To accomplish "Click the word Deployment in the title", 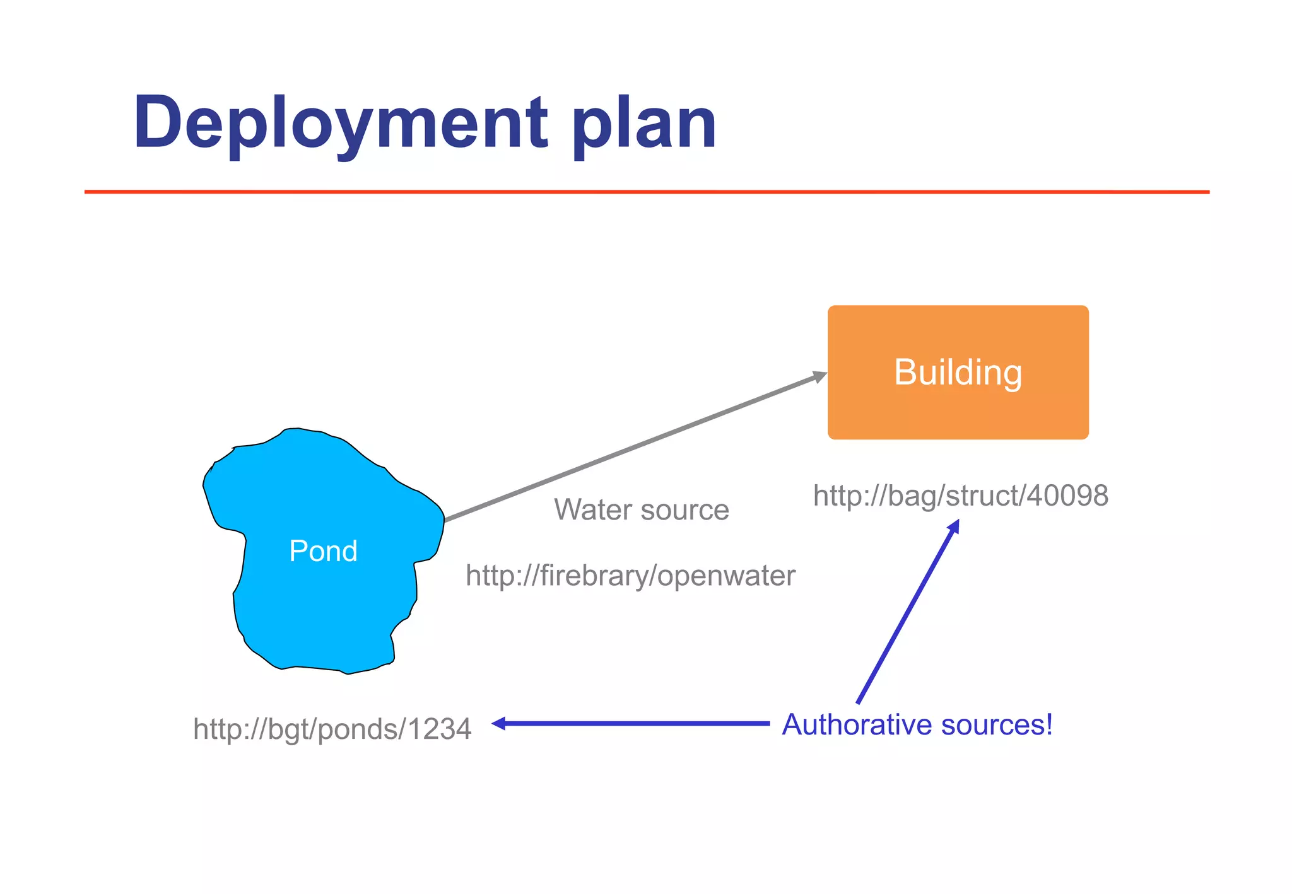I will (341, 123).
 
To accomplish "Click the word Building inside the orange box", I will (958, 372).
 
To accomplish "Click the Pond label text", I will (323, 551).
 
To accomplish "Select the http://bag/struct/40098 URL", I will (960, 496).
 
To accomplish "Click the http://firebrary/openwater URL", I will (630, 576).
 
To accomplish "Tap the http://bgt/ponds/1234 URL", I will (332, 729).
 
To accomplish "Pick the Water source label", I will (641, 509).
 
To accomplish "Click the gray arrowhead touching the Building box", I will (819, 377).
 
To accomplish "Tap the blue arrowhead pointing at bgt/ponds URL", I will (498, 724).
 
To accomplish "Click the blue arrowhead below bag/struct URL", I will (954, 526).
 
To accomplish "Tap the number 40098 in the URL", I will (1067, 496).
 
